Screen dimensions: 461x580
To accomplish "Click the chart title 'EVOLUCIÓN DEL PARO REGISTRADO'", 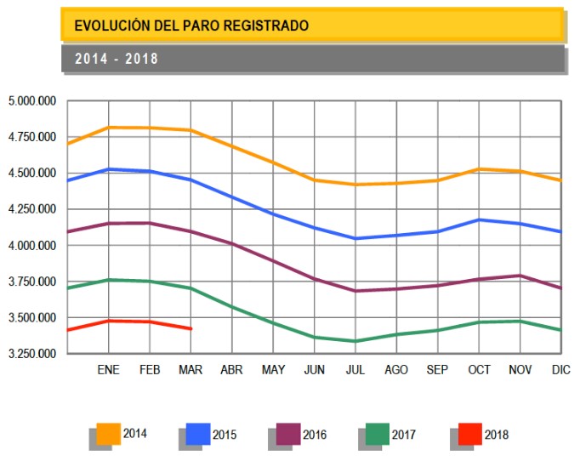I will click(x=191, y=26).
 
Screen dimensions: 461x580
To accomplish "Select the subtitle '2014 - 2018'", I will click(x=117, y=60).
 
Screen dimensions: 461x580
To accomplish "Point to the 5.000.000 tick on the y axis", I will click(x=32, y=101).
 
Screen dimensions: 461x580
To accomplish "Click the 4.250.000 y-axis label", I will click(x=32, y=209).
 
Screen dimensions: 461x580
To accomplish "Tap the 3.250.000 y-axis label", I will click(x=32, y=353).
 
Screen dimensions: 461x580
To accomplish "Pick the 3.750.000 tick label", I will click(x=32, y=282).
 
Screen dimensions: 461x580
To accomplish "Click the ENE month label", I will click(x=108, y=370).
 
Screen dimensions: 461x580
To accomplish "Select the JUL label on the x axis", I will click(x=355, y=370).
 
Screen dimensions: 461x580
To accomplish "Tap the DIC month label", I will click(x=560, y=370).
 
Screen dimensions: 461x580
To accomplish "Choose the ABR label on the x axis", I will click(x=232, y=370).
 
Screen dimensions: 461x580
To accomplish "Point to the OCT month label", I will click(x=479, y=370).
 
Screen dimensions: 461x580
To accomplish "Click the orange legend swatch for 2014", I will click(x=109, y=433).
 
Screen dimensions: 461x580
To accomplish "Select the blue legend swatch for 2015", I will click(x=198, y=434).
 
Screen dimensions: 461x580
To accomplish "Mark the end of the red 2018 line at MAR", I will click(x=191, y=328).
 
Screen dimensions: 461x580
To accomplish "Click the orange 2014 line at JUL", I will click(x=355, y=185).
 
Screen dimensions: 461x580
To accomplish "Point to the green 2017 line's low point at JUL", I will click(x=355, y=341).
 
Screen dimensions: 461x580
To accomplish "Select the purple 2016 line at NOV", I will click(x=520, y=276).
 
